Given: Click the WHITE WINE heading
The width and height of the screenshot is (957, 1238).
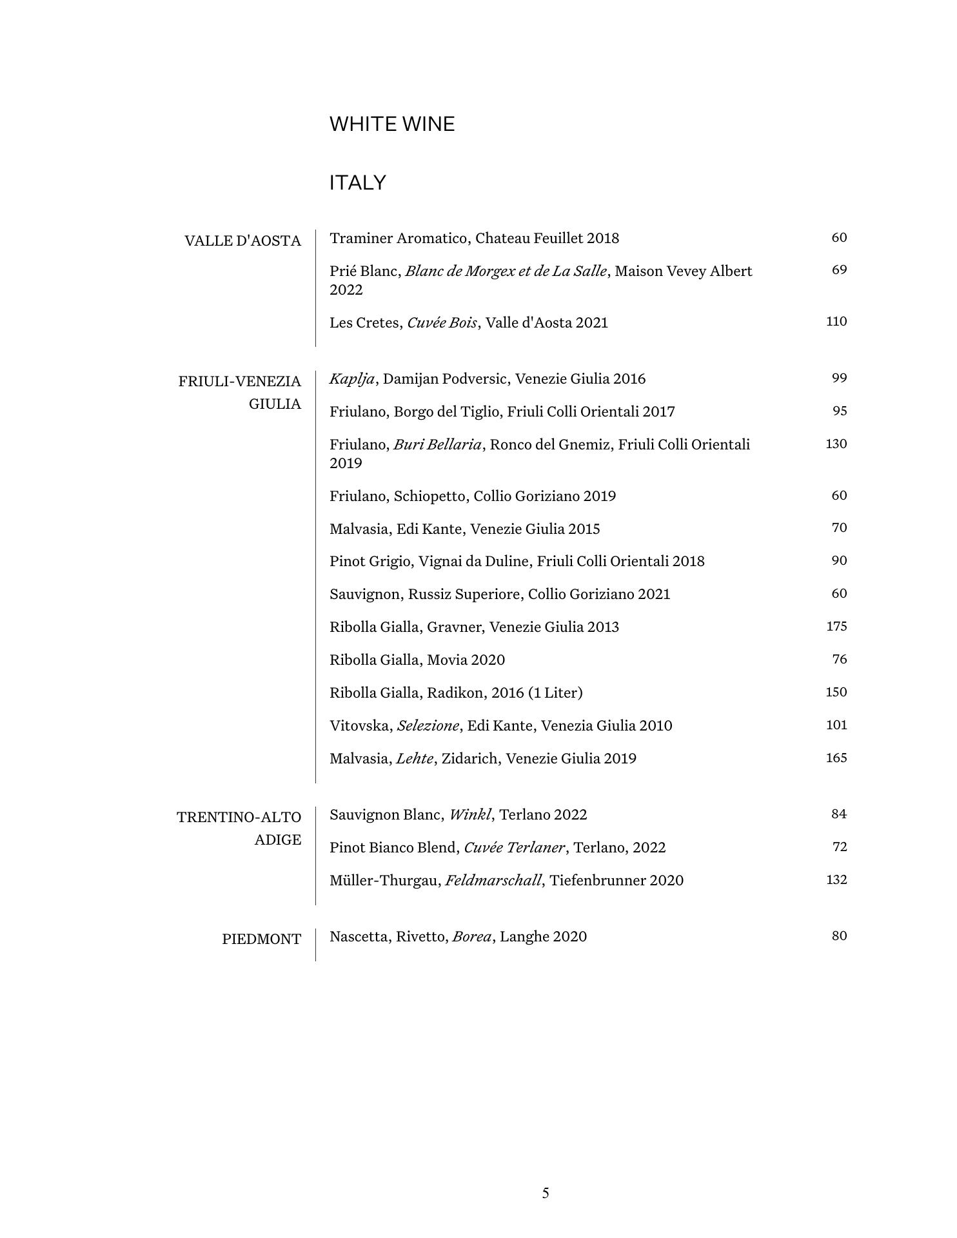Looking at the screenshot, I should (x=392, y=124).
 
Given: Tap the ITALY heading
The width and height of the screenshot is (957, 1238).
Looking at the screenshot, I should (x=357, y=183).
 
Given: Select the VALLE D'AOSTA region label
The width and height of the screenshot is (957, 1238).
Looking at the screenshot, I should (x=242, y=241).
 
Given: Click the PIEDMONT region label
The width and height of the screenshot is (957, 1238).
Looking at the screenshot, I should (x=261, y=939).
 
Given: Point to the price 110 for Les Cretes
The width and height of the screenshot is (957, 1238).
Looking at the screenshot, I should (x=836, y=322).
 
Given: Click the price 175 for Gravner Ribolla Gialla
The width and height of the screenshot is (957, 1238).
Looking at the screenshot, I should (x=836, y=627).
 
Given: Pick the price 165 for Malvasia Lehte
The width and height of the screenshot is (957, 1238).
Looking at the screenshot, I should (x=836, y=758).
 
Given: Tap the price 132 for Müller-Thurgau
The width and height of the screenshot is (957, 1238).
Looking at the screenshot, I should (x=836, y=880).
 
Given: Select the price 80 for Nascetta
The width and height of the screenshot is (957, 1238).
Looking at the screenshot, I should (x=838, y=936).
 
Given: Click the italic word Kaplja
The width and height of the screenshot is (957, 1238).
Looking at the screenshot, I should (x=352, y=379).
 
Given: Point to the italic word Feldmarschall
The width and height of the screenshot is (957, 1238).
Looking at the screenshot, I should (x=493, y=881).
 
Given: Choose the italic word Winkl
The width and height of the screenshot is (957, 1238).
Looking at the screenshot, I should (x=470, y=815).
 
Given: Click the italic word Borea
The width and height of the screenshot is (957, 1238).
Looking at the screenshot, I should (x=472, y=937).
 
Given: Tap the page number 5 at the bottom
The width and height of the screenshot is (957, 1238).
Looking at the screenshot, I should (x=546, y=1194).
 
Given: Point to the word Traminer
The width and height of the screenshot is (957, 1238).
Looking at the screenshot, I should (x=361, y=239).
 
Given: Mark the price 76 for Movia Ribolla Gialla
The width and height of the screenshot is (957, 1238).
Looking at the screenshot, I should (x=839, y=660).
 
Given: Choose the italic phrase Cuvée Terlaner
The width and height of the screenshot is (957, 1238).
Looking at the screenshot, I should (x=514, y=848).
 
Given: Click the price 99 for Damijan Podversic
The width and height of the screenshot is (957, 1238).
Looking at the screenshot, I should (x=839, y=378).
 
